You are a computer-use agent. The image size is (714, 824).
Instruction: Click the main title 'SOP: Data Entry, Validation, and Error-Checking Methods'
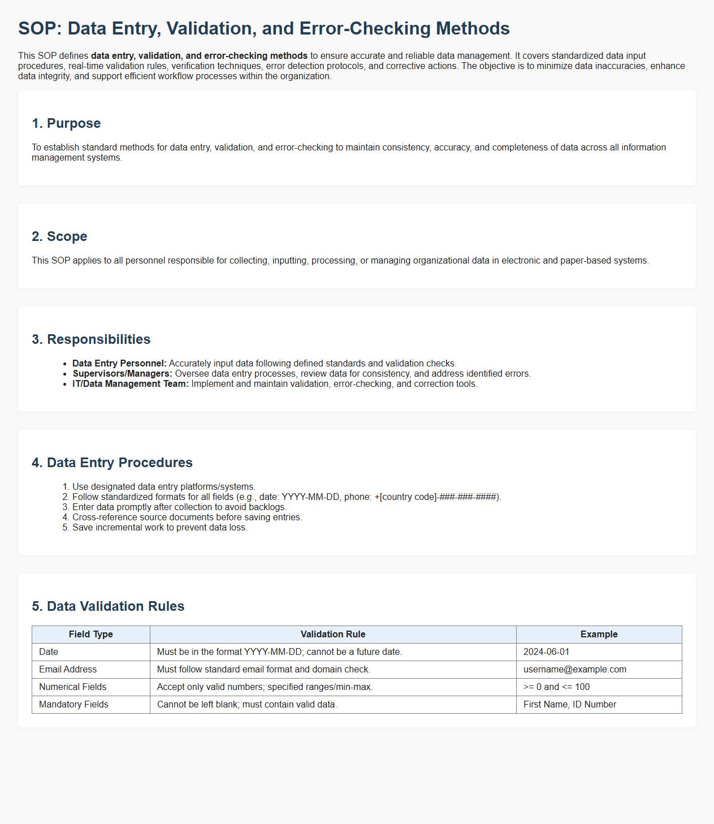click(264, 28)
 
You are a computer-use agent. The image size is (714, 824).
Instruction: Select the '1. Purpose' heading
click(66, 123)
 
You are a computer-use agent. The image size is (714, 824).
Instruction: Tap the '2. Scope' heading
click(59, 236)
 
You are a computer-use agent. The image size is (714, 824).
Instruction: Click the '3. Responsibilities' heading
click(91, 339)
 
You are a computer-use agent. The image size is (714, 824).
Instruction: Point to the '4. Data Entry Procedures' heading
click(112, 463)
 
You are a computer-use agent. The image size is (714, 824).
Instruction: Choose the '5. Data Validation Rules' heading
click(108, 606)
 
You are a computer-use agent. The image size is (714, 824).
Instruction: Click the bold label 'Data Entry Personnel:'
click(119, 364)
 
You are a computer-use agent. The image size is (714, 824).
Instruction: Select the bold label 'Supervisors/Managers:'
click(122, 374)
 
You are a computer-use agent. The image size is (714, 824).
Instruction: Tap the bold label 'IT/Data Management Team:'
click(130, 384)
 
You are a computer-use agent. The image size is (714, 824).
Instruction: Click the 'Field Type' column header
click(90, 635)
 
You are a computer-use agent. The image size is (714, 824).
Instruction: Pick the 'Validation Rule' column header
click(333, 635)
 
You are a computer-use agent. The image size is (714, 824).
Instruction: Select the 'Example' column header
click(599, 635)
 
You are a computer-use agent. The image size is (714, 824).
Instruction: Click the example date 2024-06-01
click(546, 652)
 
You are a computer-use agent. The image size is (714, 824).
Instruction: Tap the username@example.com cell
click(574, 670)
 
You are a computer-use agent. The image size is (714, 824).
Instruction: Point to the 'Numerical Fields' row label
click(72, 687)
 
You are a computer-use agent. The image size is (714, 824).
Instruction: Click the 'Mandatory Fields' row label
click(73, 705)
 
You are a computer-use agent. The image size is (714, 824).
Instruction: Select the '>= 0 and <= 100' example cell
click(556, 687)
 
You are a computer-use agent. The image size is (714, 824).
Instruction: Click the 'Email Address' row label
click(68, 670)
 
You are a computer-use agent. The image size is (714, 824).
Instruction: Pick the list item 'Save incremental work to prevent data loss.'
click(160, 528)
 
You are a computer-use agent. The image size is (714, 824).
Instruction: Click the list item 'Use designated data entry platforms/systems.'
click(164, 487)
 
